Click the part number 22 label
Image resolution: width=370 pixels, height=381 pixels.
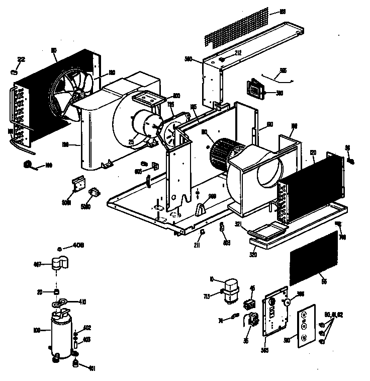click(21, 59)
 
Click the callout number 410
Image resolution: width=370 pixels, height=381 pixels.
click(82, 302)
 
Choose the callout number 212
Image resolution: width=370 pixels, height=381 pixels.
click(238, 53)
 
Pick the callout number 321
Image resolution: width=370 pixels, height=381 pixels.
click(238, 224)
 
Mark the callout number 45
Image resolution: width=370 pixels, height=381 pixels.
click(252, 288)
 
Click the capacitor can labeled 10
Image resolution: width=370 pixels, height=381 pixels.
click(231, 290)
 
